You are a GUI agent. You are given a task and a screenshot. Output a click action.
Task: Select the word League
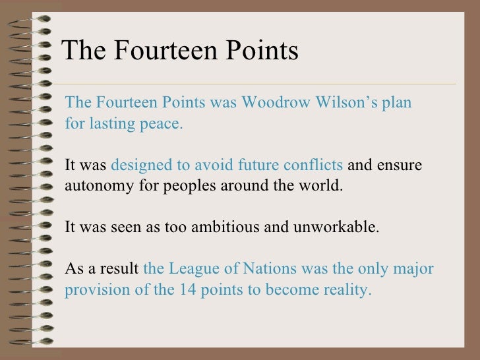coord(193,270)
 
